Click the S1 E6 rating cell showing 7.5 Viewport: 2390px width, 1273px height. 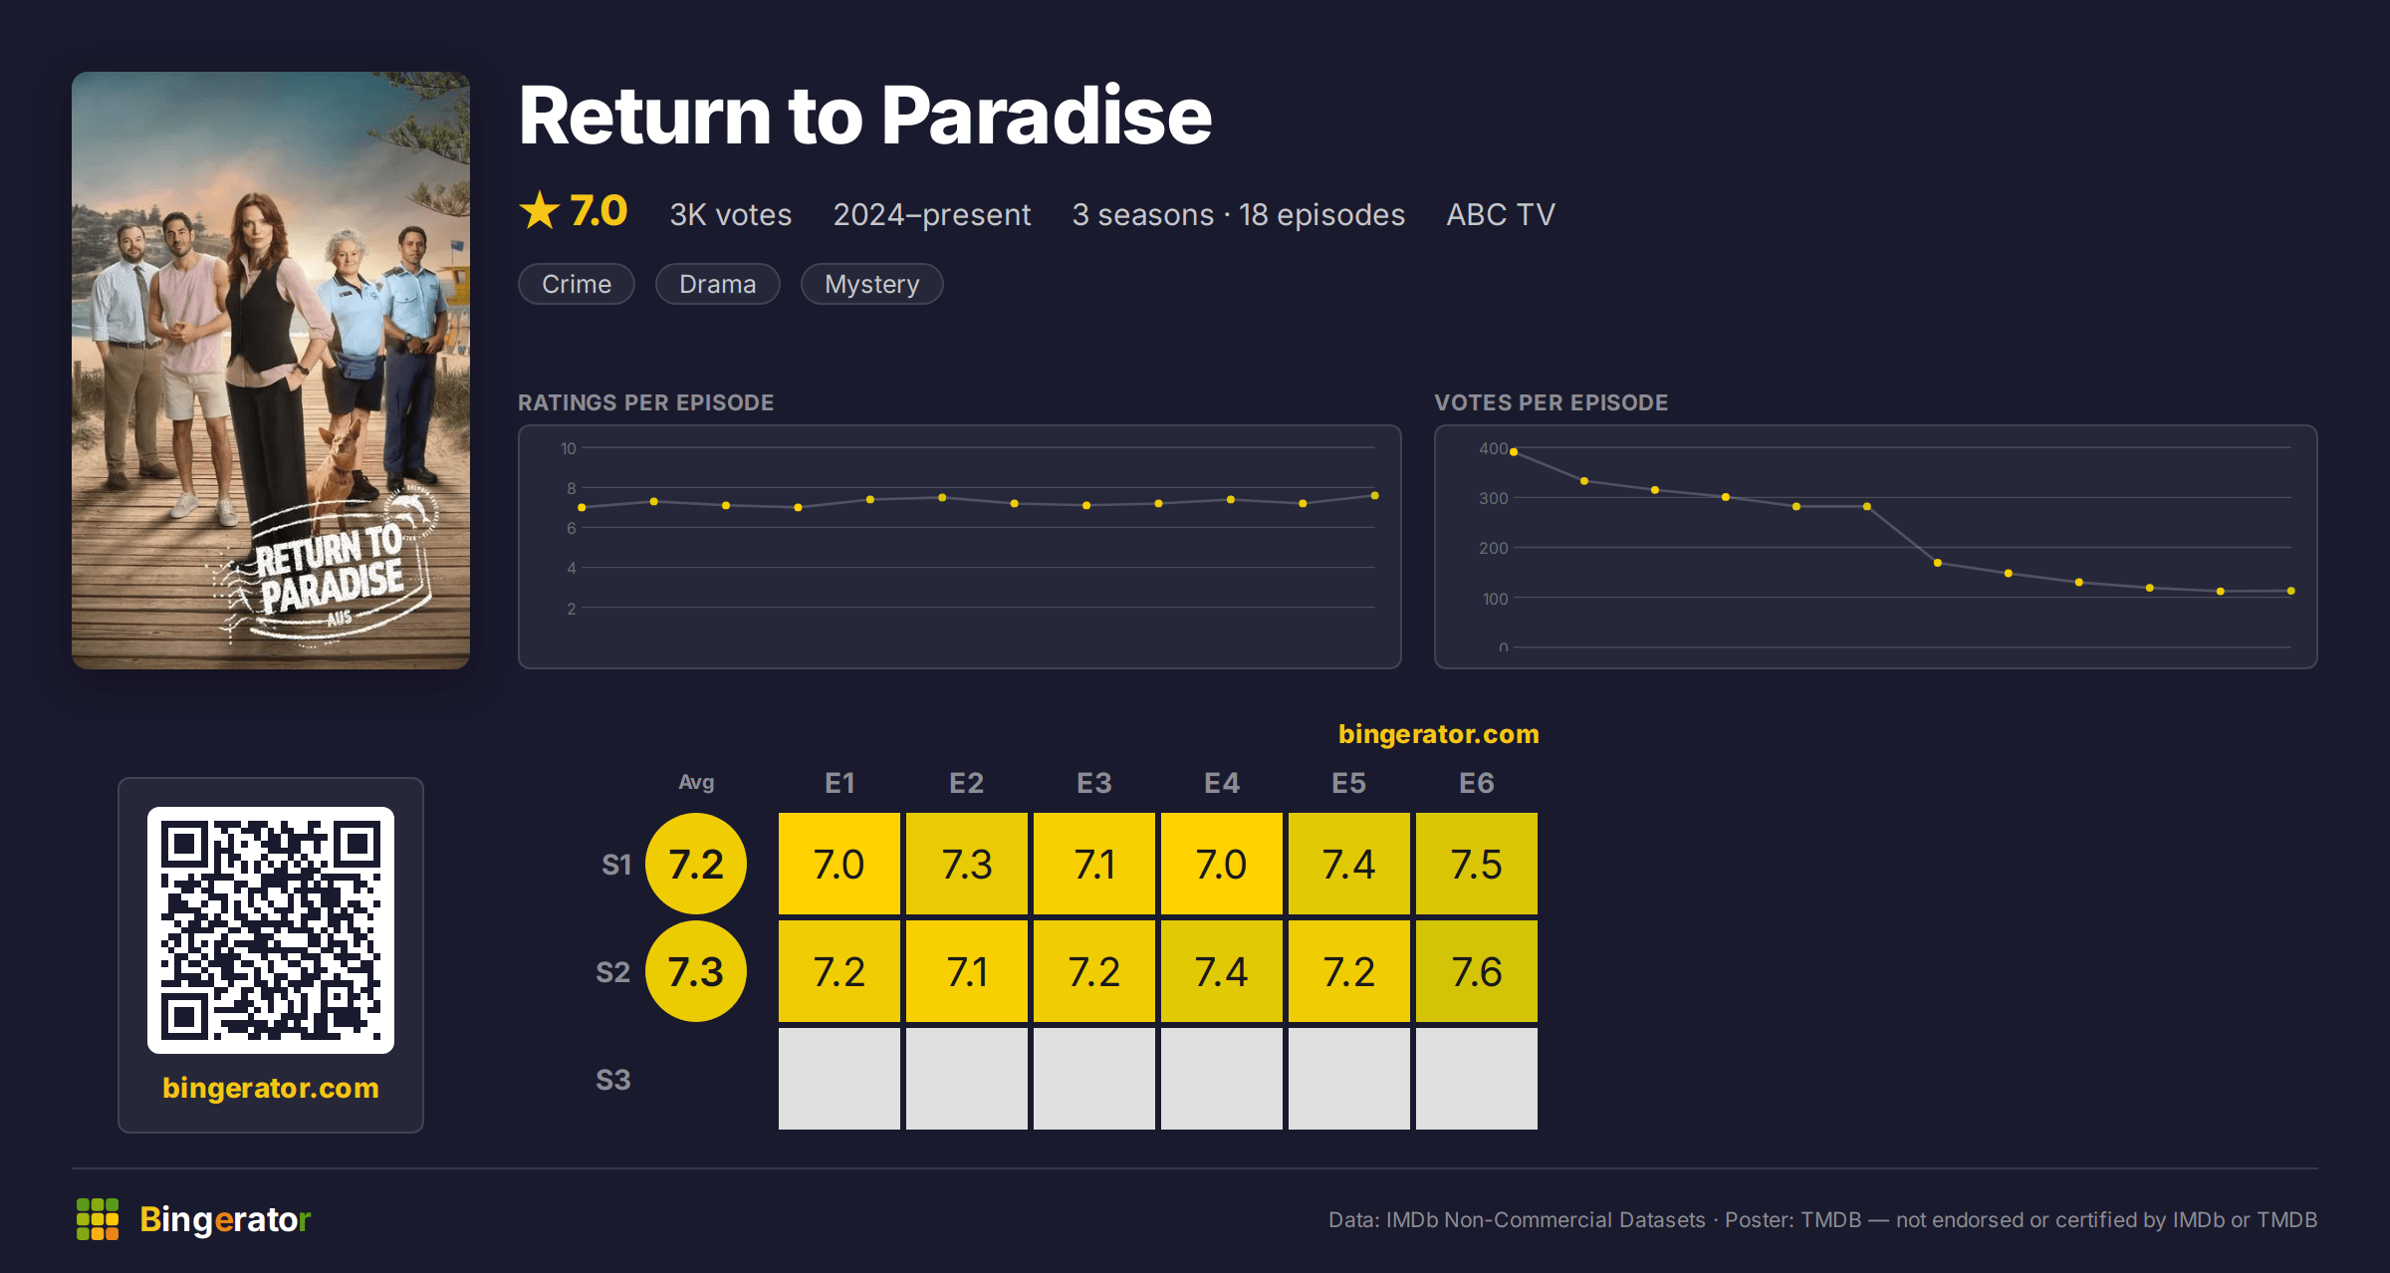click(x=1476, y=864)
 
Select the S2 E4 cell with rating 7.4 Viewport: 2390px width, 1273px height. click(x=1221, y=971)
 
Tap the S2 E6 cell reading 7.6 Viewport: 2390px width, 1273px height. click(x=1476, y=971)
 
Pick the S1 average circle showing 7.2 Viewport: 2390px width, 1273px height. click(x=696, y=864)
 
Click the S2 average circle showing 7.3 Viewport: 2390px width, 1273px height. click(x=696, y=971)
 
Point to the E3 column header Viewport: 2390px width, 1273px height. click(x=1093, y=783)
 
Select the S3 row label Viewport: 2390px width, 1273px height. click(x=612, y=1080)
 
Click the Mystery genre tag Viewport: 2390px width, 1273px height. click(x=871, y=284)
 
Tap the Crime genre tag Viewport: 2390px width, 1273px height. click(x=577, y=284)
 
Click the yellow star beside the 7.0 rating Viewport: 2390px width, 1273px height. click(x=540, y=210)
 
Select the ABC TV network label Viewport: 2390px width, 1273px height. click(x=1500, y=214)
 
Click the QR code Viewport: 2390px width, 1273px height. click(x=271, y=930)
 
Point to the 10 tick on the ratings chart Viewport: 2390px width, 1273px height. click(x=568, y=448)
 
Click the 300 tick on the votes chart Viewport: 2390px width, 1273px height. click(x=1493, y=498)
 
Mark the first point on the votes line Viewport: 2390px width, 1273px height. click(x=1514, y=452)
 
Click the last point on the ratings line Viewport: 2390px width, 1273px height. click(x=1374, y=495)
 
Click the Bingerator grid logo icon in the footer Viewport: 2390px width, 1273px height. click(x=98, y=1219)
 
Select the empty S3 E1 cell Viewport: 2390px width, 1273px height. click(x=838, y=1079)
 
